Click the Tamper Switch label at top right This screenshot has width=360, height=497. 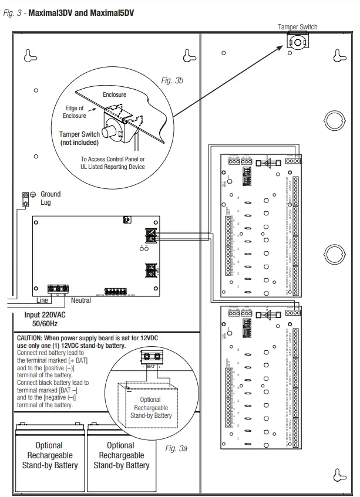(297, 26)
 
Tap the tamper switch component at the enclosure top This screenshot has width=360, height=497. (298, 42)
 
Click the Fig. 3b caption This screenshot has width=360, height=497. (172, 80)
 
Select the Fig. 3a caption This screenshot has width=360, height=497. (176, 448)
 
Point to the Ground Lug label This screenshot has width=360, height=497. (50, 198)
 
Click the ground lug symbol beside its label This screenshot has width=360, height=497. (26, 198)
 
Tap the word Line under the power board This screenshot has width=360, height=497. (42, 300)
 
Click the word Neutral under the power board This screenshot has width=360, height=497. (81, 300)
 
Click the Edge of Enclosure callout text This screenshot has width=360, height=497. (75, 112)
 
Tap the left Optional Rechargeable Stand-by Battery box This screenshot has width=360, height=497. (49, 455)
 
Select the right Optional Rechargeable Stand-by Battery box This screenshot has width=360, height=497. (122, 455)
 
